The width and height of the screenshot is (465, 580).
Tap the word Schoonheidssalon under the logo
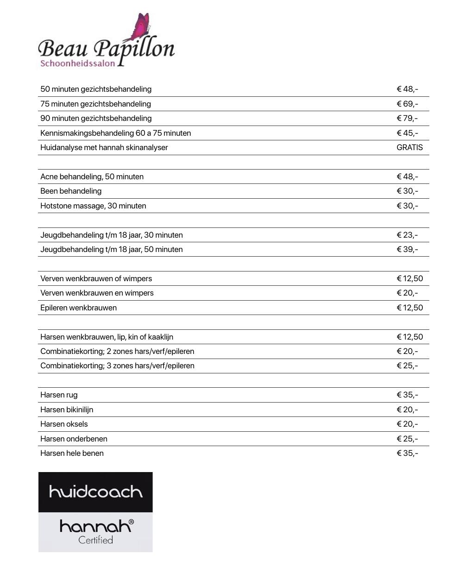[77, 63]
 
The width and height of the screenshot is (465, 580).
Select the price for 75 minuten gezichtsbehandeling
[407, 104]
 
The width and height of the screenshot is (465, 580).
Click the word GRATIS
[409, 147]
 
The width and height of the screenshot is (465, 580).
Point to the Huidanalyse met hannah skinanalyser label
[104, 147]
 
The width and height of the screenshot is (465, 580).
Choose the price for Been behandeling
[407, 191]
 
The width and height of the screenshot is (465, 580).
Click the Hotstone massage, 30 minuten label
[93, 206]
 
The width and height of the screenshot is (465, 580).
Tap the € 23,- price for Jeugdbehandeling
[407, 235]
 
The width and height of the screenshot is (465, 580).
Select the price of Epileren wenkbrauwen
[409, 308]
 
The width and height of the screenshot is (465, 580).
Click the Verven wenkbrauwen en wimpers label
[97, 293]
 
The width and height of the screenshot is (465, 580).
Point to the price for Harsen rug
[407, 395]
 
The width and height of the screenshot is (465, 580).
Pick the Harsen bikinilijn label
[67, 410]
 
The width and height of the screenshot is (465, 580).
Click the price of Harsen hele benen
[407, 453]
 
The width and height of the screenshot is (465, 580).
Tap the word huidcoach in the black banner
[95, 492]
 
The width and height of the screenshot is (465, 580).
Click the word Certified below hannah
[95, 540]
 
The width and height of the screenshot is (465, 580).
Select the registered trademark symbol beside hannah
[131, 522]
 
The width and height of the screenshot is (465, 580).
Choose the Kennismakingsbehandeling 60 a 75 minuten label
[115, 133]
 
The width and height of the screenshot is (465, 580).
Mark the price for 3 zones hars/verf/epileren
[407, 366]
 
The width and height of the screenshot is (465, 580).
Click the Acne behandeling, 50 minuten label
[92, 177]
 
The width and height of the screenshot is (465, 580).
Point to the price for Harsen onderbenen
[407, 439]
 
